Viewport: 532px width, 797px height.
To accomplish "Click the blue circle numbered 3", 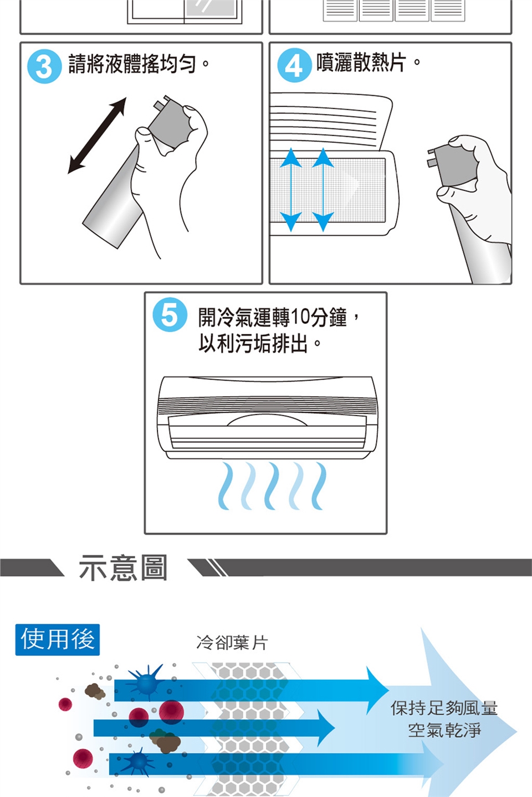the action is pyautogui.click(x=44, y=66).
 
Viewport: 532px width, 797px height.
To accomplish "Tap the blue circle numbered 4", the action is pyautogui.click(x=294, y=65).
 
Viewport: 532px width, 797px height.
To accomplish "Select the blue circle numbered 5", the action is pyautogui.click(x=170, y=315).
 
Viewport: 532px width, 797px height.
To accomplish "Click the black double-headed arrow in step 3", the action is pyautogui.click(x=97, y=136).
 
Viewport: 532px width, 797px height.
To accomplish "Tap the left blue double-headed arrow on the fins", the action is pyautogui.click(x=291, y=190).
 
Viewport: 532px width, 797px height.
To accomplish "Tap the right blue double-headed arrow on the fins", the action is pyautogui.click(x=323, y=190).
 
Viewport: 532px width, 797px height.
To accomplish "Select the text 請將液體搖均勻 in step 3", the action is pyautogui.click(x=132, y=64).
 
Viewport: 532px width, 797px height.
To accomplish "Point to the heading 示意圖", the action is pyautogui.click(x=123, y=567).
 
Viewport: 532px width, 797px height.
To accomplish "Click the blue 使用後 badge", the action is pyautogui.click(x=58, y=639).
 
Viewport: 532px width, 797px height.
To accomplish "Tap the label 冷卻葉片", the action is pyautogui.click(x=232, y=643).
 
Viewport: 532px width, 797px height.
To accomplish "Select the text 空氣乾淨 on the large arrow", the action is pyautogui.click(x=444, y=730).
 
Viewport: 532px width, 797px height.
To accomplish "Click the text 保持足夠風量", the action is pyautogui.click(x=444, y=708).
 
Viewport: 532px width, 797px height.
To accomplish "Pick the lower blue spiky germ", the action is pyautogui.click(x=139, y=762).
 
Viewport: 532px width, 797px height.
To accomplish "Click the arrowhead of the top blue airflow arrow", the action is pyautogui.click(x=377, y=691).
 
